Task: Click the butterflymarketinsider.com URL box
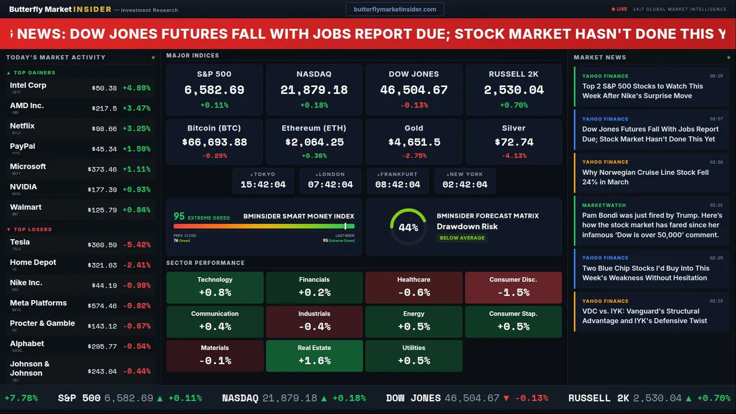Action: coord(394,9)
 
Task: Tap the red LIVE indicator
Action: coord(620,9)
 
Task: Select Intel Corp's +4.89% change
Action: coord(136,88)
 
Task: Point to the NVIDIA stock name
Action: coord(24,187)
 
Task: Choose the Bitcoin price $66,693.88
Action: coord(214,142)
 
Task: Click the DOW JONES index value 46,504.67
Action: coord(414,90)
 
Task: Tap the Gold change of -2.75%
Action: coord(414,156)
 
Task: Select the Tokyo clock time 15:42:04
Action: coord(263,185)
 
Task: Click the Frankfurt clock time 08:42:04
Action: coord(398,185)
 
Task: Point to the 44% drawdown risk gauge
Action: coord(408,227)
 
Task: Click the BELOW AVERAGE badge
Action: coord(462,237)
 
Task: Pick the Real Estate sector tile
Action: coord(314,356)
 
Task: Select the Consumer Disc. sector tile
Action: coord(513,287)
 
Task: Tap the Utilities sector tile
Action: coord(413,356)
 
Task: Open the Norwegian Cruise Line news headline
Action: coord(645,177)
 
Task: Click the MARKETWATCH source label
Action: coord(605,205)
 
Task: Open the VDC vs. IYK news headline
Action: coord(645,316)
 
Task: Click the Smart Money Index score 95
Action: coord(179,216)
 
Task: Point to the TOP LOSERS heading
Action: coord(32,229)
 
